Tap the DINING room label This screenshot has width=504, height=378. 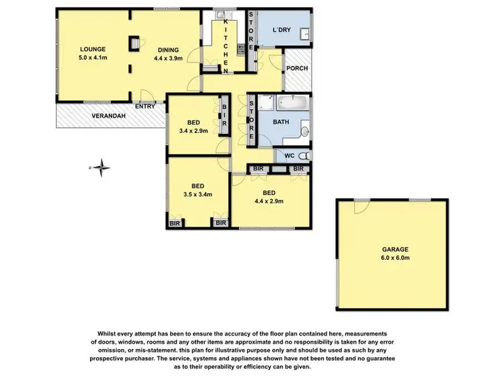[x=168, y=49]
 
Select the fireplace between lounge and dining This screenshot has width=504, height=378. [x=134, y=43]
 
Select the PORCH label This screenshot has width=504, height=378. [x=296, y=68]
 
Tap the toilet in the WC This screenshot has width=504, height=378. [x=300, y=155]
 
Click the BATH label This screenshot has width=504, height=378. [x=283, y=122]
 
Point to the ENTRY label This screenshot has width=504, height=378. [x=144, y=106]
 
